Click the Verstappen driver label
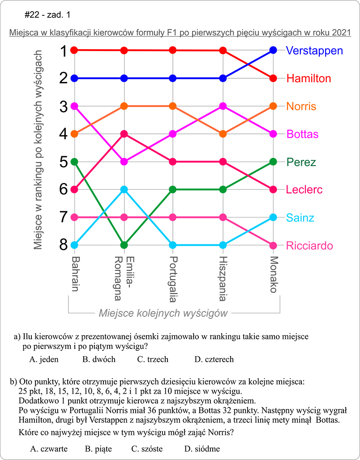point(314,51)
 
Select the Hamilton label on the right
point(309,79)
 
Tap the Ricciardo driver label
point(309,246)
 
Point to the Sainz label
point(300,218)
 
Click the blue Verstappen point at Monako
point(274,50)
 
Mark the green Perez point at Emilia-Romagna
point(124,245)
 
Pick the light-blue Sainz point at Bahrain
point(74,245)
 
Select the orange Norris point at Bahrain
point(74,134)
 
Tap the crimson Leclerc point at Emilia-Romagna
point(124,134)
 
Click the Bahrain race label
point(75,273)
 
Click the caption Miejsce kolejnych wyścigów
point(163,313)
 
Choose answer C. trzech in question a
point(153,359)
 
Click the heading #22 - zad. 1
point(48,15)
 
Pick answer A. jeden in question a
point(44,359)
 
